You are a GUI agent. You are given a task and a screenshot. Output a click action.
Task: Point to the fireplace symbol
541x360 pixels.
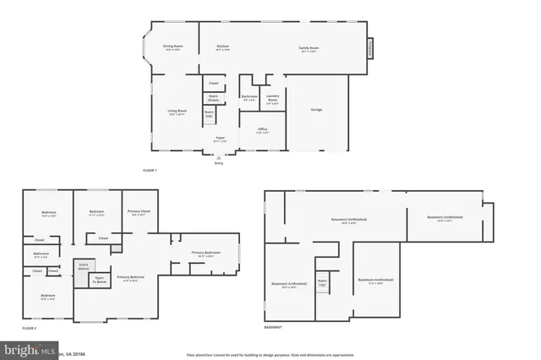[368, 49]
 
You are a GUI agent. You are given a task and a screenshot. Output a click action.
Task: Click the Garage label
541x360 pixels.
[316, 109]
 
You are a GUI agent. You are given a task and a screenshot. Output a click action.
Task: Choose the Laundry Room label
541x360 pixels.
[272, 99]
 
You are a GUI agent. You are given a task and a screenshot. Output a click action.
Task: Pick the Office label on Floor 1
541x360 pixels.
[263, 130]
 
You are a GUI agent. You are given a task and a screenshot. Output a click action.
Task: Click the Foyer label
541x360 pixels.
[219, 140]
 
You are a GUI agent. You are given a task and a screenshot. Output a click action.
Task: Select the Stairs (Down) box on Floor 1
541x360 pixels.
[213, 98]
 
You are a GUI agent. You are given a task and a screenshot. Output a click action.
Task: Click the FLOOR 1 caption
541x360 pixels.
[150, 171]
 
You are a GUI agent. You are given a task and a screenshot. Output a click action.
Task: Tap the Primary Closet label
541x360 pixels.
[139, 212]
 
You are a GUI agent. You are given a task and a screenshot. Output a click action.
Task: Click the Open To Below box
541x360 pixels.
[100, 280]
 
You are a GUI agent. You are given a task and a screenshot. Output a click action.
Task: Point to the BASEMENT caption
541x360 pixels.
[273, 327]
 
